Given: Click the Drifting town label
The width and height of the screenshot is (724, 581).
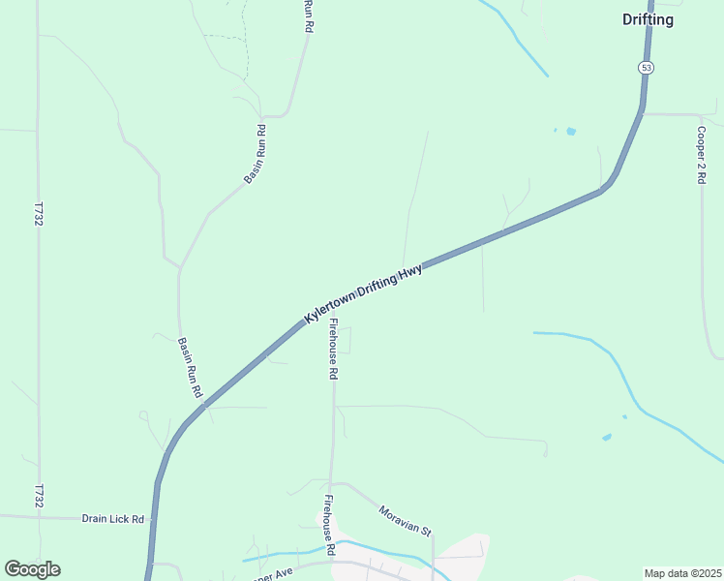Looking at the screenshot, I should click(648, 19).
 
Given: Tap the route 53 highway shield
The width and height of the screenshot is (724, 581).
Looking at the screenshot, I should click(646, 67).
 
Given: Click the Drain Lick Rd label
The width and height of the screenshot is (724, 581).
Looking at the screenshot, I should click(112, 519).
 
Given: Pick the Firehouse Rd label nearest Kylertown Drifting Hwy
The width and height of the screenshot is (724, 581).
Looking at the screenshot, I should click(333, 349).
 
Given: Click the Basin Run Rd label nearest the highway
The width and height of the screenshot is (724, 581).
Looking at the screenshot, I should click(189, 368).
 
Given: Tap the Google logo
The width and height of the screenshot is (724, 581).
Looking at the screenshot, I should click(32, 569).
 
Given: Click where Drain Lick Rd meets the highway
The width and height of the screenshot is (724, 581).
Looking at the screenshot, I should click(153, 520).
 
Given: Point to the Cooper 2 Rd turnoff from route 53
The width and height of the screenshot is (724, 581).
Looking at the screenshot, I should click(643, 113).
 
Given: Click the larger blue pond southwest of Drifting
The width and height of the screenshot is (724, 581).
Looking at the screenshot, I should click(571, 131).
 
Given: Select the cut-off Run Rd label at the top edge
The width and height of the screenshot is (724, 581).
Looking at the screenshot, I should click(309, 16).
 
